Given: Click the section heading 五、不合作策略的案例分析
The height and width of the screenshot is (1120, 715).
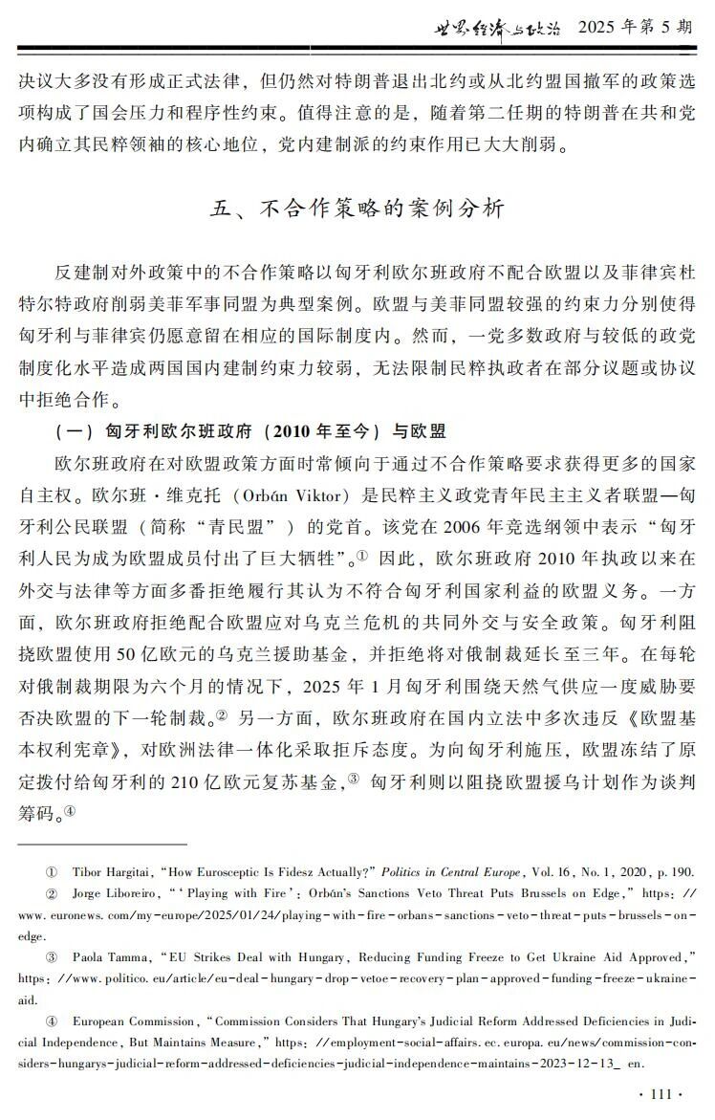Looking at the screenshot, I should coord(357,209).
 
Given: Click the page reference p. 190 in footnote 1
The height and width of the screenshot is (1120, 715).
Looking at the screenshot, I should coord(673,872).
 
